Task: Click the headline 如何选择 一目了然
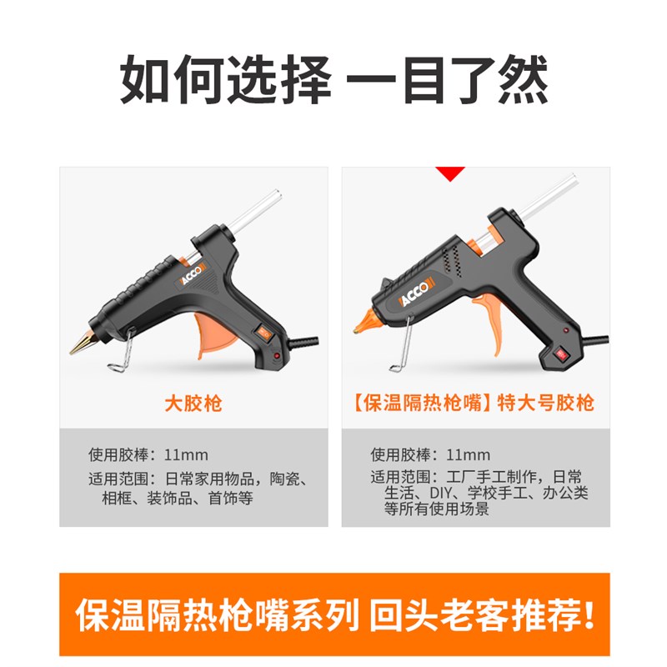click(x=333, y=81)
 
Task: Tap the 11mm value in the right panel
click(x=469, y=455)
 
